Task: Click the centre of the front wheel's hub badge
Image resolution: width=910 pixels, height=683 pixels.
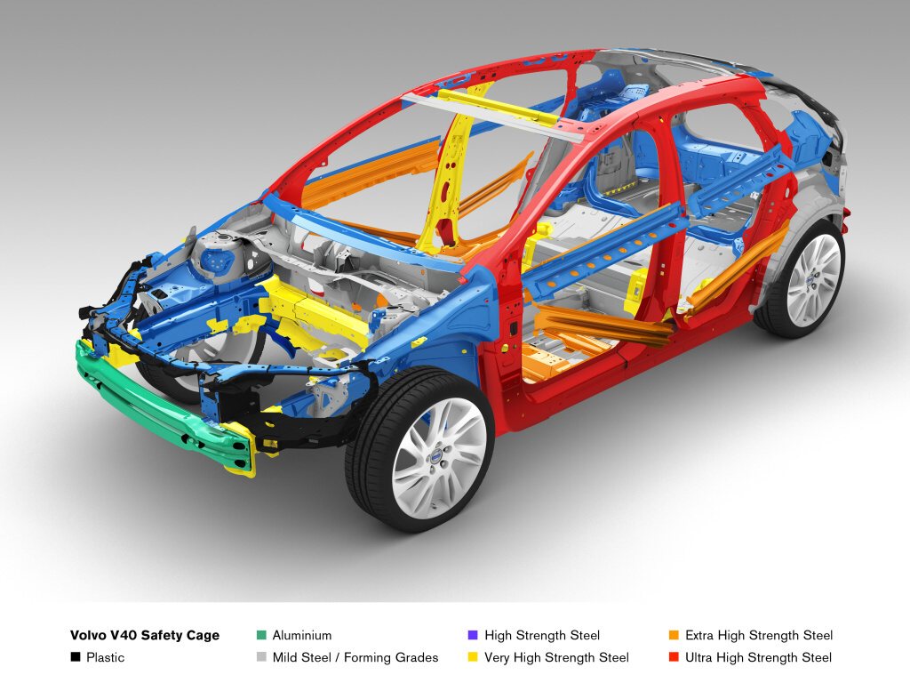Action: pos(434,458)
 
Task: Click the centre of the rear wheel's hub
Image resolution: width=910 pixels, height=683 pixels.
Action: pos(810,280)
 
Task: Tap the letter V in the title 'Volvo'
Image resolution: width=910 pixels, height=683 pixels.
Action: pos(75,635)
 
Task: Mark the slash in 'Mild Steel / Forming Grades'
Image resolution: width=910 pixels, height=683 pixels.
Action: pos(338,657)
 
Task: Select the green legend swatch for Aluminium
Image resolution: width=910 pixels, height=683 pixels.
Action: pos(261,635)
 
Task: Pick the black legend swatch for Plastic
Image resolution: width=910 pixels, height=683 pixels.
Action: pos(75,657)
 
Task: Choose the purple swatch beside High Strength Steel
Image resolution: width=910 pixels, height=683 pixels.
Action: pos(473,635)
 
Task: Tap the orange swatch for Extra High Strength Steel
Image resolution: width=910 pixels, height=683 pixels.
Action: pos(674,635)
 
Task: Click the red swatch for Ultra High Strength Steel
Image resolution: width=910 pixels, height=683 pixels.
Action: pos(674,657)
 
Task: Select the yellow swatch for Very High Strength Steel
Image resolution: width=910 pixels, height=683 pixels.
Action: pos(473,657)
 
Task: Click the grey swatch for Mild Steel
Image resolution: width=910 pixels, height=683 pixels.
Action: pos(261,657)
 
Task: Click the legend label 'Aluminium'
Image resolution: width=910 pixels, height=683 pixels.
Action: pos(302,635)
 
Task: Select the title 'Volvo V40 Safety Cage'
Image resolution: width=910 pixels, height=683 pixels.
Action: pos(145,636)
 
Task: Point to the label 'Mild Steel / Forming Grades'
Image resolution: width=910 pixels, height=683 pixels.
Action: pos(355,657)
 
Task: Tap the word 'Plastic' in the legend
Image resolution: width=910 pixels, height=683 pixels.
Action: pos(105,657)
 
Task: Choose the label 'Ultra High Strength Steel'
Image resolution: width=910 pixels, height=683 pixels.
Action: pos(759,658)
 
